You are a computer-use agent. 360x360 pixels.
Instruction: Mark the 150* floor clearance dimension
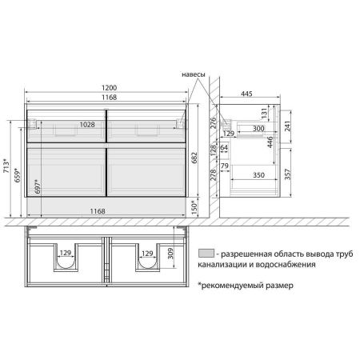click(x=194, y=208)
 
